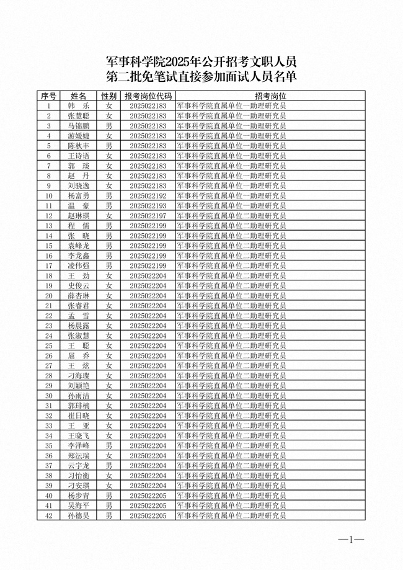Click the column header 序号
point(48,96)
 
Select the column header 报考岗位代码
point(148,96)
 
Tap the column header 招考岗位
point(270,96)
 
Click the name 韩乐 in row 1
point(79,106)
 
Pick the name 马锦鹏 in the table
point(79,126)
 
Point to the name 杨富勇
point(79,195)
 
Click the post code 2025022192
point(148,195)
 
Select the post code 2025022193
point(148,205)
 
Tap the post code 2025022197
point(148,215)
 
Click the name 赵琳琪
point(79,215)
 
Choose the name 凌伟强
point(79,265)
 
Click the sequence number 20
point(48,295)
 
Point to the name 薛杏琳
point(79,295)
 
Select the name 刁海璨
point(79,375)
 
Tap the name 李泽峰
point(79,445)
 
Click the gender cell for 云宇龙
point(108,465)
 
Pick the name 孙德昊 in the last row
point(79,515)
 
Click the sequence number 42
point(48,515)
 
